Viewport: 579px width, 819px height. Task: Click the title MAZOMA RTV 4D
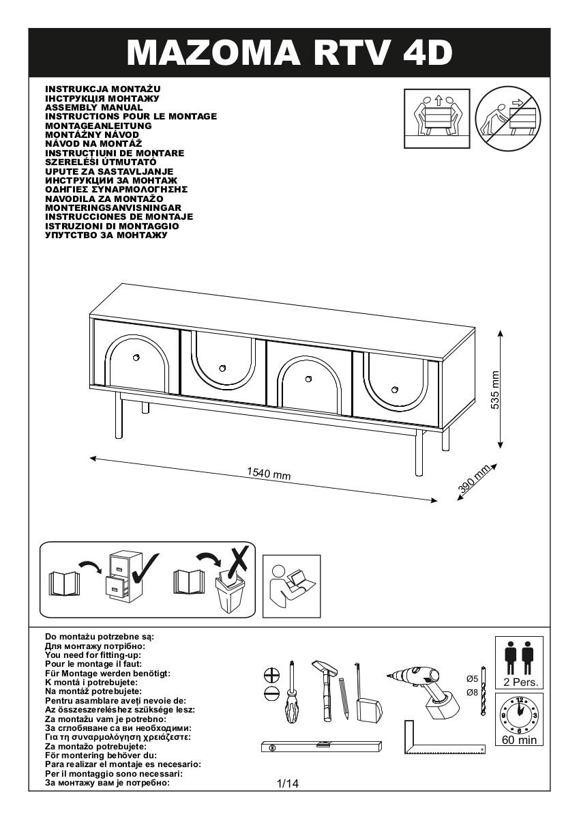[289, 52]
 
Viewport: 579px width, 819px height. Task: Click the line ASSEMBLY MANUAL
[93, 107]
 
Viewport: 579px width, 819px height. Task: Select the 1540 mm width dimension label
[268, 474]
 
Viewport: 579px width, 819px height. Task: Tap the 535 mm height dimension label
[495, 390]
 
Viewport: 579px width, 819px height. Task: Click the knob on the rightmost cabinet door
[394, 390]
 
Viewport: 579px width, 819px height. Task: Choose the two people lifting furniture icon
[439, 117]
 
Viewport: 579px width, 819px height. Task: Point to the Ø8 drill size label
[471, 692]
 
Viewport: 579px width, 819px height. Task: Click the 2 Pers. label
[519, 682]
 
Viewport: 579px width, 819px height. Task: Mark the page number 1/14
[288, 784]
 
